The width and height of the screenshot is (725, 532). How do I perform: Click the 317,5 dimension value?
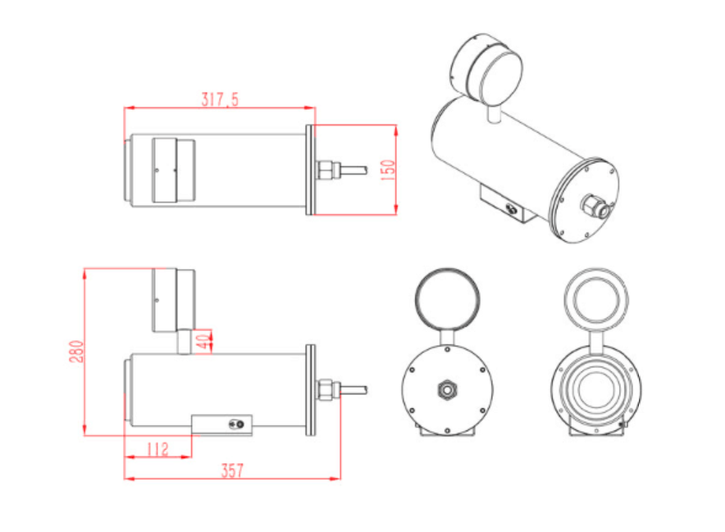pos(220,99)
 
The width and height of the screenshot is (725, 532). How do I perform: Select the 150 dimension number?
pos(388,170)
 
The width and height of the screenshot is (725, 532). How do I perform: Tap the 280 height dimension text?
pos(77,352)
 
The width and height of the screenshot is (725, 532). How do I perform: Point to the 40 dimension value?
pos(203,342)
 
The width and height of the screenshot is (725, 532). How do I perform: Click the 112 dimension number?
pos(157,449)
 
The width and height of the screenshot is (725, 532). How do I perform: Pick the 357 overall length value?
pos(232,471)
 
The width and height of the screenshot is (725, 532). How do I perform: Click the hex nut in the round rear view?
pos(447,389)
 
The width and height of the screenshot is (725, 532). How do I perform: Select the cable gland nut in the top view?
pos(325,170)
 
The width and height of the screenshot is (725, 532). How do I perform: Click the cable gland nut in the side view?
pos(325,389)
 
